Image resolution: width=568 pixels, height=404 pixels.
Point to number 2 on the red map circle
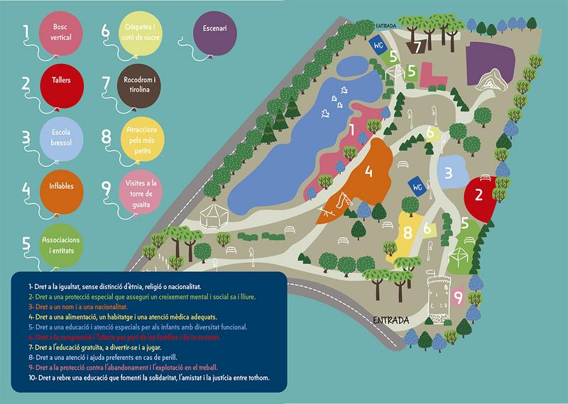479,192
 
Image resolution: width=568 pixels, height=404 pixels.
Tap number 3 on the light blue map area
449,173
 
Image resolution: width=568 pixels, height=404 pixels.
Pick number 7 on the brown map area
419,48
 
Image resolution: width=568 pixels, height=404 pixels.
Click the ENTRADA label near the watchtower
390,320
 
